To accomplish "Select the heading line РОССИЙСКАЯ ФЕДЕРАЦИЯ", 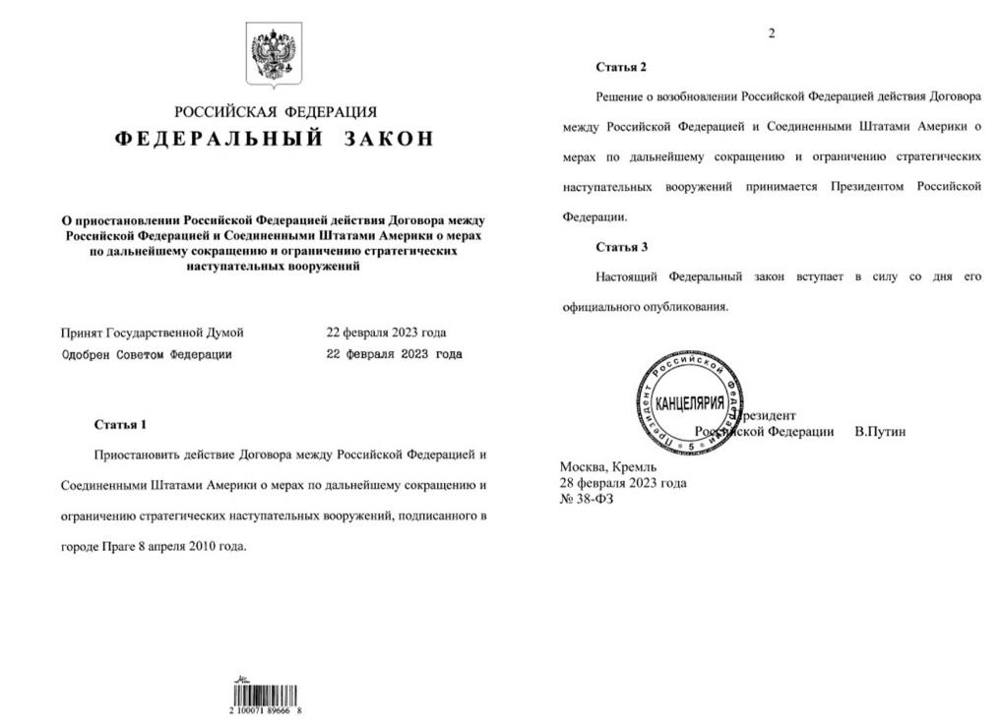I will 276,112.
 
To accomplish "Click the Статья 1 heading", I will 119,425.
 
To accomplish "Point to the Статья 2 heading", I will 621,67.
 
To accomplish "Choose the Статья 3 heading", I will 621,247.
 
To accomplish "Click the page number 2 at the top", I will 772,33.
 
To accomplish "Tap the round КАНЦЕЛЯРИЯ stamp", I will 687,403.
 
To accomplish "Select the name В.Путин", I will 880,432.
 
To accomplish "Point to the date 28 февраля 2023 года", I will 623,483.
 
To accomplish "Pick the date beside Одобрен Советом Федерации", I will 393,354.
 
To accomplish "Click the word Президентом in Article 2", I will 867,186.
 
